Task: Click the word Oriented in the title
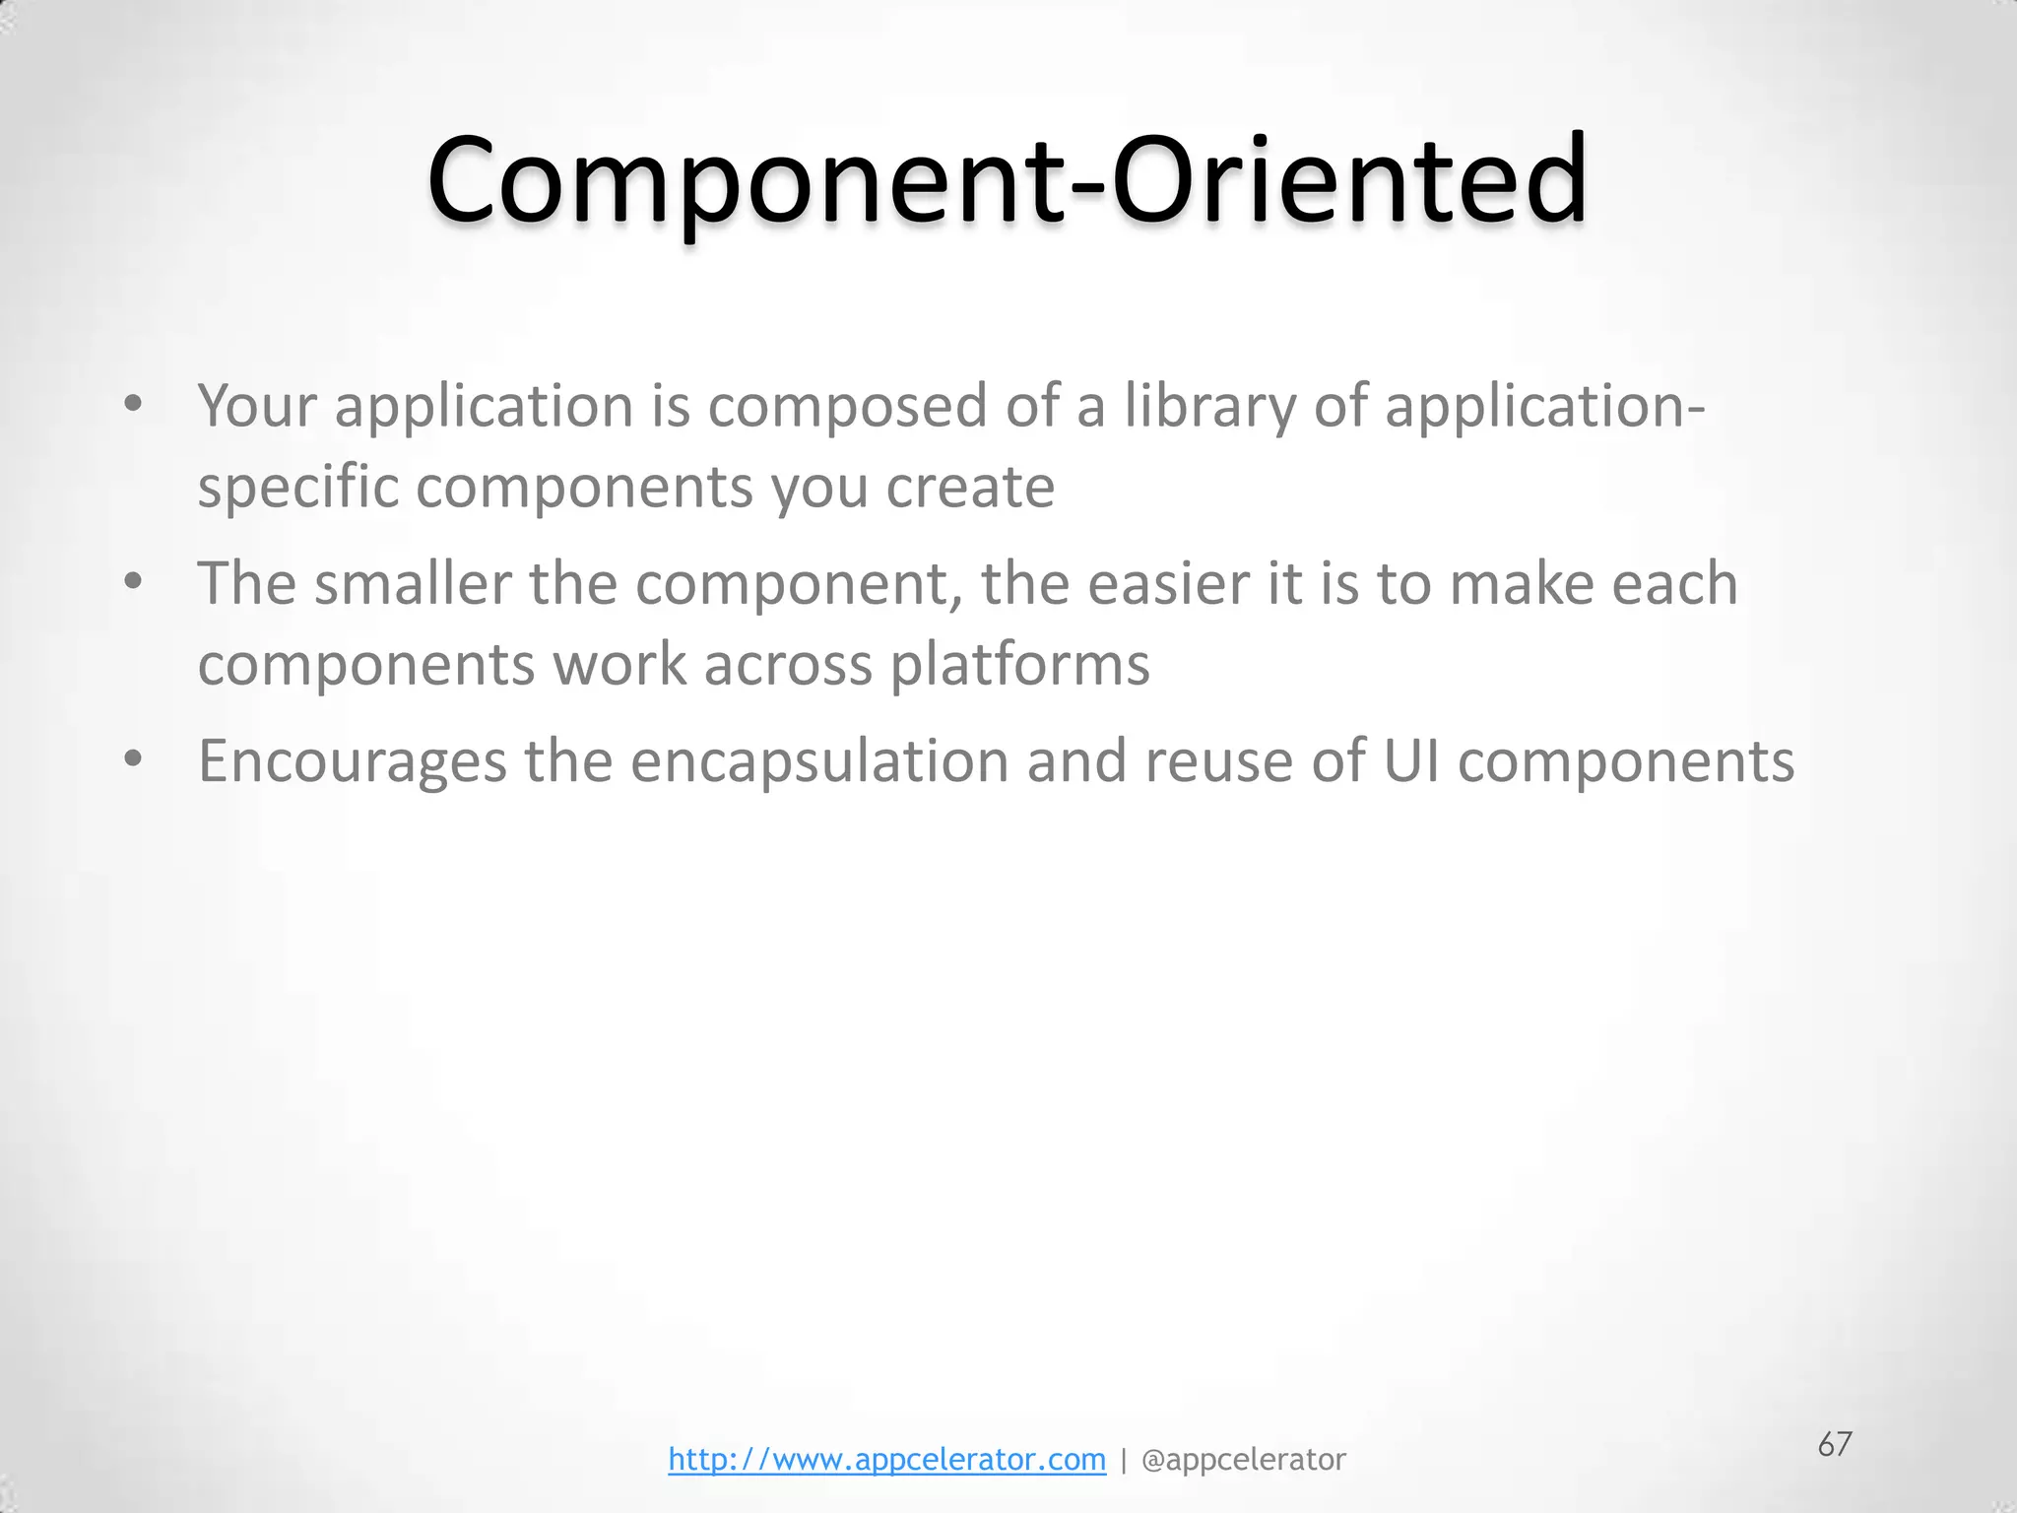point(1348,182)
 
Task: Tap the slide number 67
point(1835,1444)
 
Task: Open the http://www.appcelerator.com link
point(886,1459)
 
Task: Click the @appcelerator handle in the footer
point(1243,1459)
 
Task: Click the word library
point(1209,406)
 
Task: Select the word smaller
point(413,583)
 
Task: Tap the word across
point(788,664)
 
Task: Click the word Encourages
point(352,762)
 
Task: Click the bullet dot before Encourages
point(133,758)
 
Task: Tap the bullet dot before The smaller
point(133,581)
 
